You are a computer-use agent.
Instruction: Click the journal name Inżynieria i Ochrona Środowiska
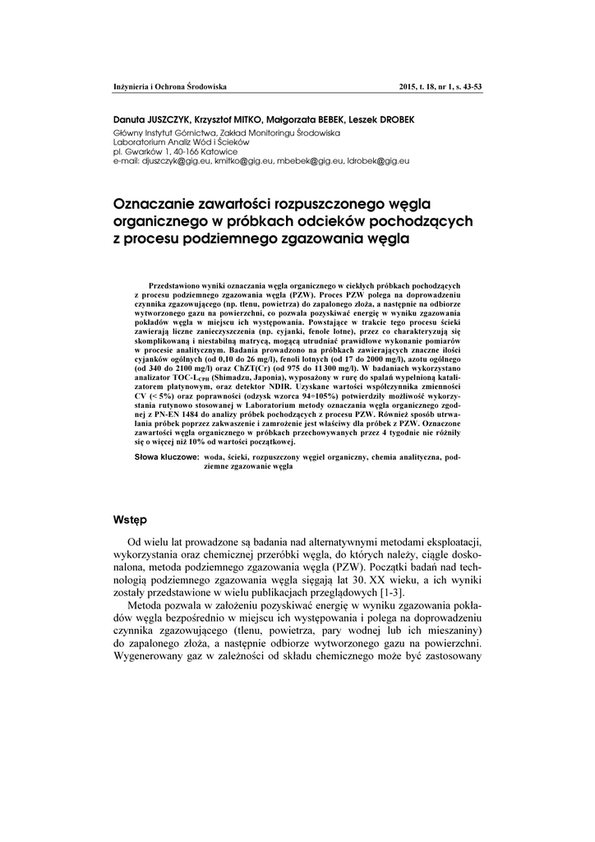169,86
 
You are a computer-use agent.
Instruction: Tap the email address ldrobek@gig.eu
379,160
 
